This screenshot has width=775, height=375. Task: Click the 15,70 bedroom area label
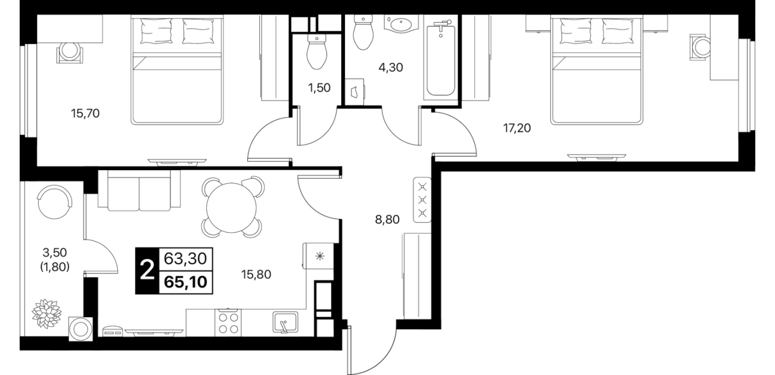point(85,113)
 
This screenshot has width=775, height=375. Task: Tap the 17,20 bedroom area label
point(517,129)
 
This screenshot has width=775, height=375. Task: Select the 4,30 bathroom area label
point(391,67)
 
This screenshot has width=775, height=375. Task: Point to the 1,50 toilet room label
point(319,88)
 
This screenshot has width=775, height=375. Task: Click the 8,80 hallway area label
point(387,220)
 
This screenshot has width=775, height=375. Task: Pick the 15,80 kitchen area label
point(256,275)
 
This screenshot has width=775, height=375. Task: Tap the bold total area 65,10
point(186,282)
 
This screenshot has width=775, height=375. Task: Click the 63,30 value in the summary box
point(185,258)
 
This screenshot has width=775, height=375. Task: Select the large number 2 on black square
point(147,271)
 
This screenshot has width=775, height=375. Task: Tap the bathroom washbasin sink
point(401,24)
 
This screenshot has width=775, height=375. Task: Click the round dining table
point(231,207)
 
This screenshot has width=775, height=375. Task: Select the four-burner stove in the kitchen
point(228,323)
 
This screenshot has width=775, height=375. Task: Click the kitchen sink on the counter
point(285,322)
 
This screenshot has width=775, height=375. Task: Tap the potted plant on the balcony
point(46,314)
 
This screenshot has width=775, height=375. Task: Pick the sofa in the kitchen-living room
point(139,190)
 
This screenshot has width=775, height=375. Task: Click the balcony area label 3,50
point(55,252)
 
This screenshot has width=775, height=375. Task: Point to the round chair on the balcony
point(55,202)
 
